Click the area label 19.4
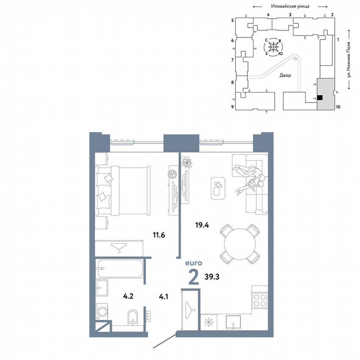(202, 225)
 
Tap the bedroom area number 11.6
(159, 235)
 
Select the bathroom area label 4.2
(127, 297)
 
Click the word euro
(194, 263)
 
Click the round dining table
(240, 243)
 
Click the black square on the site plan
(320, 98)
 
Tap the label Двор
(285, 75)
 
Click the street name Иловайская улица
(290, 6)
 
